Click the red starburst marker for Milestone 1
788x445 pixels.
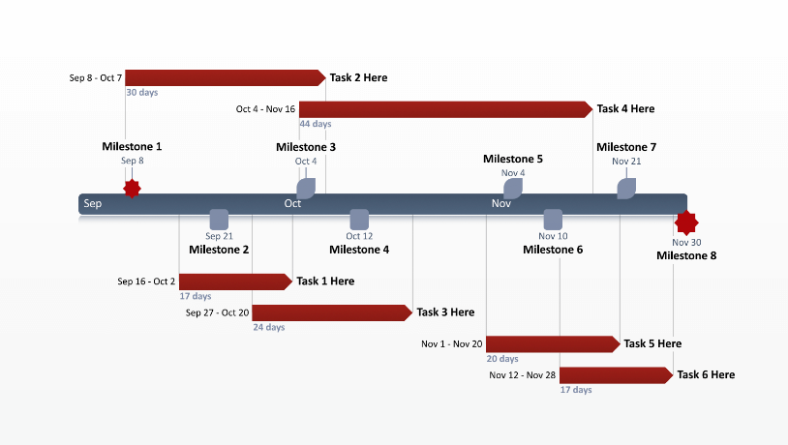pyautogui.click(x=132, y=189)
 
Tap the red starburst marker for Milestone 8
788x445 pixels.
pyautogui.click(x=686, y=223)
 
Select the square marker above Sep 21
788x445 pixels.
pyautogui.click(x=220, y=220)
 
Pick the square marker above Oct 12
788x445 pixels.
pyautogui.click(x=359, y=220)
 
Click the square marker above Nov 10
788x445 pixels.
pyautogui.click(x=553, y=220)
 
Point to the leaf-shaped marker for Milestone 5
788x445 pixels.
pyautogui.click(x=513, y=189)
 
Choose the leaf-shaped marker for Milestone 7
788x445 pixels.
pyautogui.click(x=626, y=189)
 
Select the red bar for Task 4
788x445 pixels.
pyautogui.click(x=445, y=109)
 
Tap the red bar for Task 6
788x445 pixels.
pyautogui.click(x=616, y=375)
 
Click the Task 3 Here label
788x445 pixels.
pyautogui.click(x=445, y=312)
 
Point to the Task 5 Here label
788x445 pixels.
pyautogui.click(x=652, y=343)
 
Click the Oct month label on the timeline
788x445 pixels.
pyautogui.click(x=292, y=203)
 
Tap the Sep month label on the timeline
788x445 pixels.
pyautogui.click(x=93, y=203)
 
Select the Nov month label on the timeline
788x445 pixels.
pyautogui.click(x=500, y=203)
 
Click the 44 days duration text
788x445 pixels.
pyautogui.click(x=316, y=124)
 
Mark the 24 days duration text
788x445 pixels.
pyautogui.click(x=269, y=327)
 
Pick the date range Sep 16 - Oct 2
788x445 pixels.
pyautogui.click(x=146, y=282)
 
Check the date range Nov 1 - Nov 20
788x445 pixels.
pyautogui.click(x=452, y=343)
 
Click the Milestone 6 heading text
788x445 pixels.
pyautogui.click(x=553, y=250)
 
